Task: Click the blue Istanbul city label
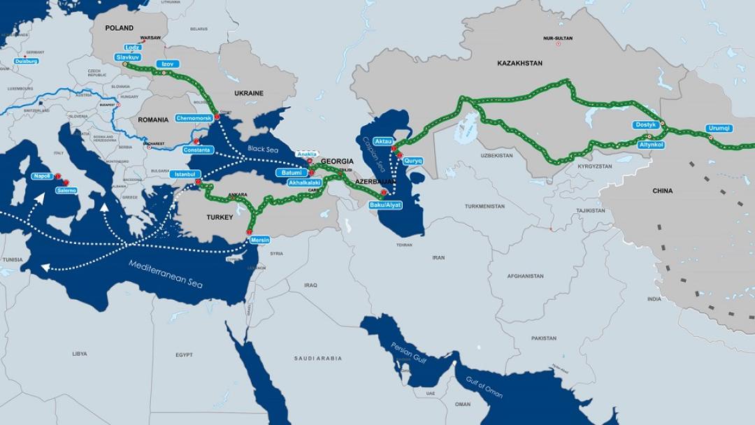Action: coord(185,173)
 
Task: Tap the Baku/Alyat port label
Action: coord(385,205)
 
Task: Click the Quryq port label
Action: coord(413,160)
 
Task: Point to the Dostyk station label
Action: coord(645,125)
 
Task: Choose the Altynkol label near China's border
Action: coord(651,145)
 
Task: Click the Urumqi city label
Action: coord(719,128)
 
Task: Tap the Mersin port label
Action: coord(260,240)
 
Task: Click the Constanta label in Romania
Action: coord(196,150)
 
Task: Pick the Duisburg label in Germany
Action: coord(26,62)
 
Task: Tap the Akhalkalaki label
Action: coord(305,182)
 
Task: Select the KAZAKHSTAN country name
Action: coord(519,64)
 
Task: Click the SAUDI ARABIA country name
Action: coord(318,358)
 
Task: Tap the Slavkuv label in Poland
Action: coord(129,56)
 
